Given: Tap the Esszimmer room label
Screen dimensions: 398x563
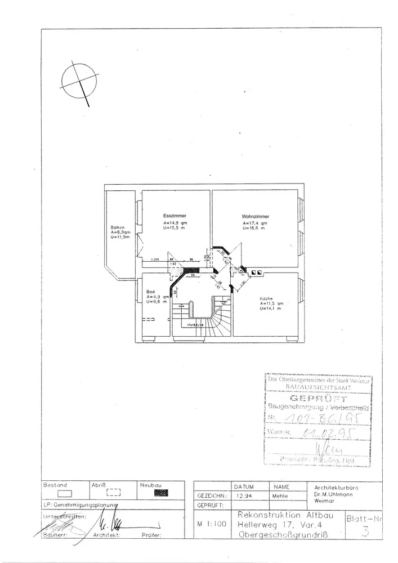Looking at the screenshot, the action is (x=175, y=216).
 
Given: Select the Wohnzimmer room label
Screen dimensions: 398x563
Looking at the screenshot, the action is (x=255, y=216).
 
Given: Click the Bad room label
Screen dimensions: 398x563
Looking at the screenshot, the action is (x=150, y=292).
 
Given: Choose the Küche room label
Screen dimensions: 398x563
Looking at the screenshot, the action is (x=266, y=298).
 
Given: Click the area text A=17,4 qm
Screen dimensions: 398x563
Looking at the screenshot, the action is (x=254, y=224).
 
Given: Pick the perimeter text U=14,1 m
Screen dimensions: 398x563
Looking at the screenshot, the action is (x=271, y=309).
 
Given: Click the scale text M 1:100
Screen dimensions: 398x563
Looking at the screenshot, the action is (x=212, y=523).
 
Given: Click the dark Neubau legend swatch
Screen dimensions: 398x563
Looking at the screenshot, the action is (x=162, y=492).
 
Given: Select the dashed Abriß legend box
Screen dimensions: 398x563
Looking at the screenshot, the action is (x=113, y=492).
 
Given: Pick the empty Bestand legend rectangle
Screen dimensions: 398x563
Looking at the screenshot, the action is (x=66, y=493).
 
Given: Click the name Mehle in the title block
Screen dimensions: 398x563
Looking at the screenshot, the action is (x=281, y=496).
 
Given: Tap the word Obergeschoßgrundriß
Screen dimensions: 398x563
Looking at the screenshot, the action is (x=285, y=533).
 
